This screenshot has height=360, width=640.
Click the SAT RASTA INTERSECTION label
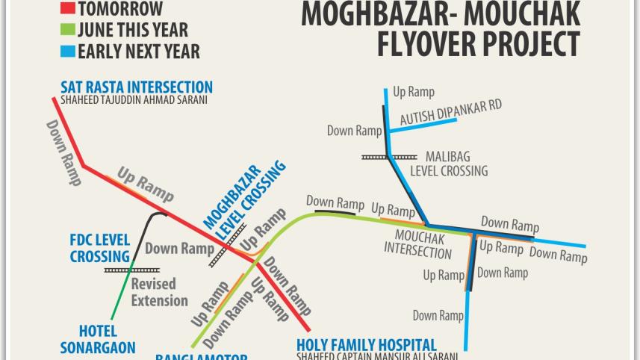137,87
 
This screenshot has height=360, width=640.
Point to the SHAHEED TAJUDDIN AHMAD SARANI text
135,100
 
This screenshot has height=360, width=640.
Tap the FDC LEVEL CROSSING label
100,248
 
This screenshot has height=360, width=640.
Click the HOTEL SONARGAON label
98,339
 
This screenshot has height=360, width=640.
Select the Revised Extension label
159,292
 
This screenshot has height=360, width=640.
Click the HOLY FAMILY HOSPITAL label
366,344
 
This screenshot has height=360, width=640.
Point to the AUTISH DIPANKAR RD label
451,112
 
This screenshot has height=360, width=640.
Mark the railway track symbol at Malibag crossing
388,157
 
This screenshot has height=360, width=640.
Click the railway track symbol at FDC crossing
131,269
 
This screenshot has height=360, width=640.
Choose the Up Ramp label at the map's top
413,92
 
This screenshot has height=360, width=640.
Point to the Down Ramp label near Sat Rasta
65,153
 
